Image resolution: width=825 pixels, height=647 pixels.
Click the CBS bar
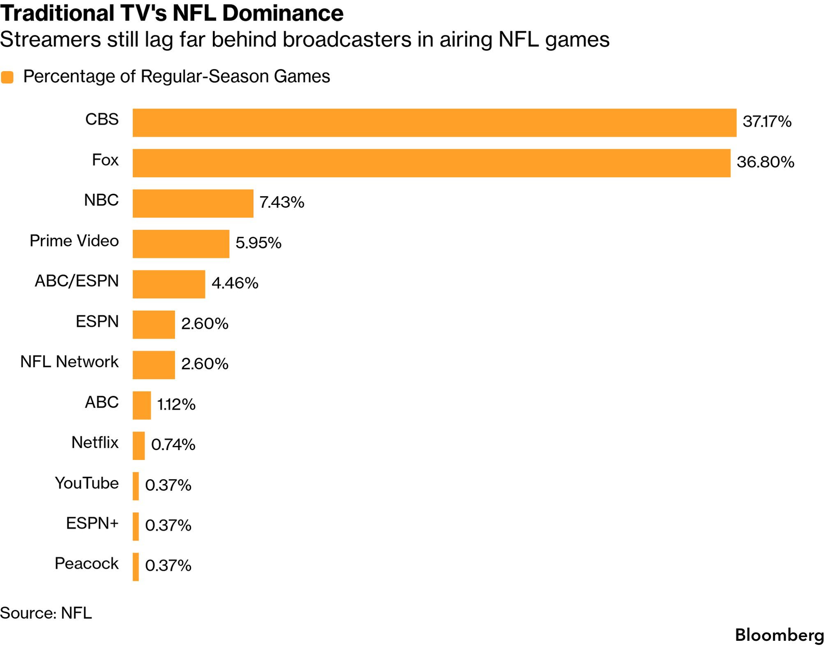coord(434,122)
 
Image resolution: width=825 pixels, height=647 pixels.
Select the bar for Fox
coord(431,163)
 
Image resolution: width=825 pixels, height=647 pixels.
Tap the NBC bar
coord(193,203)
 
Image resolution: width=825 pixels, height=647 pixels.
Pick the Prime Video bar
coord(181,244)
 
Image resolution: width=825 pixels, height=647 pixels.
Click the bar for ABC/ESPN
coord(169,284)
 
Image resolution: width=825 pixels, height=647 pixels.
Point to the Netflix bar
coord(139,445)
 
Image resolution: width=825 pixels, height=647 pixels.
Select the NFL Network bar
coord(153,365)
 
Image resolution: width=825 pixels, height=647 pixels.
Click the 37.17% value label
coord(767,122)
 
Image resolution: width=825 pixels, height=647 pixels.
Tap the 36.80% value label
coord(765,162)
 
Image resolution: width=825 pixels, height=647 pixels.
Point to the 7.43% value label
coord(282,202)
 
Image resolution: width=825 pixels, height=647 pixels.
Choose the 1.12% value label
coord(176,404)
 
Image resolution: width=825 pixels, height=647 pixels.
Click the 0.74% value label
coord(173,445)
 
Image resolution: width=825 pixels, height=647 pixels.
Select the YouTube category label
coord(87,483)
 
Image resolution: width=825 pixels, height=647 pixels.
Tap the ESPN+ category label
coord(92,523)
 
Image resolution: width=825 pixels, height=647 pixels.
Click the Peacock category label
coord(86,563)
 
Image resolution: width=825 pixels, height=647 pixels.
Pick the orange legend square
coord(7,77)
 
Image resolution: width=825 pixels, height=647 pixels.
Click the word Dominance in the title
coord(283,13)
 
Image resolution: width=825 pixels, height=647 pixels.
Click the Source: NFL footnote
coord(46,613)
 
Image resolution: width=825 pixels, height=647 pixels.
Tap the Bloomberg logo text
coord(779,635)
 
